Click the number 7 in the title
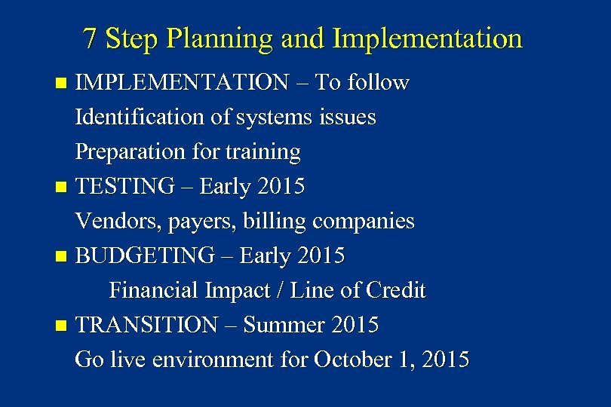(91, 38)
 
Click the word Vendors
(109, 222)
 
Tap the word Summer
(283, 326)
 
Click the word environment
(215, 360)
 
